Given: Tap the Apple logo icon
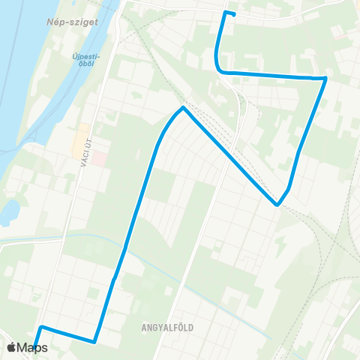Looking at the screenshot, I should tap(11, 348).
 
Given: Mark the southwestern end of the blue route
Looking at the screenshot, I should tap(35, 347).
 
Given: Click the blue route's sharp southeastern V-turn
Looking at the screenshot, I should tap(277, 204).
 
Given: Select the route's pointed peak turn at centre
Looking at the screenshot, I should tap(182, 109).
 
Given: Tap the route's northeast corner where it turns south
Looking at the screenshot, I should tap(325, 78).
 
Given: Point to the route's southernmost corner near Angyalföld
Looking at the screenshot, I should tap(95, 342).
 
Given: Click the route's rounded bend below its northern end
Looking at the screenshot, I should tap(219, 69).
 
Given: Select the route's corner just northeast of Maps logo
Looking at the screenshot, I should tap(42, 328).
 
